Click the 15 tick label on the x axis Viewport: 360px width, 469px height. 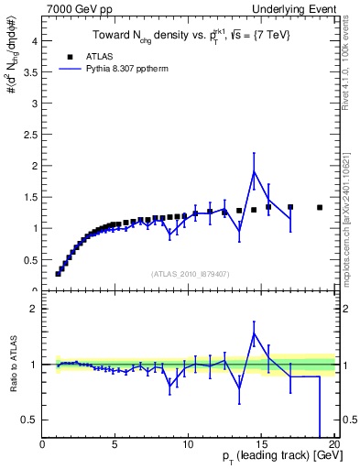pos(260,444)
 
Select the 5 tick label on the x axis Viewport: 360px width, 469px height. pos(115,444)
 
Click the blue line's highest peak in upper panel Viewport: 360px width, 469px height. pos(254,171)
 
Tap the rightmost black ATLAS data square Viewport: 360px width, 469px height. pos(320,207)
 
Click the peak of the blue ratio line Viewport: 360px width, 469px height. pos(254,333)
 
